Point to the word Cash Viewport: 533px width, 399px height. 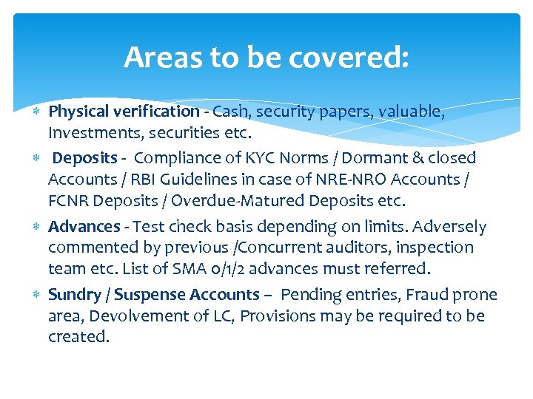coord(230,112)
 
